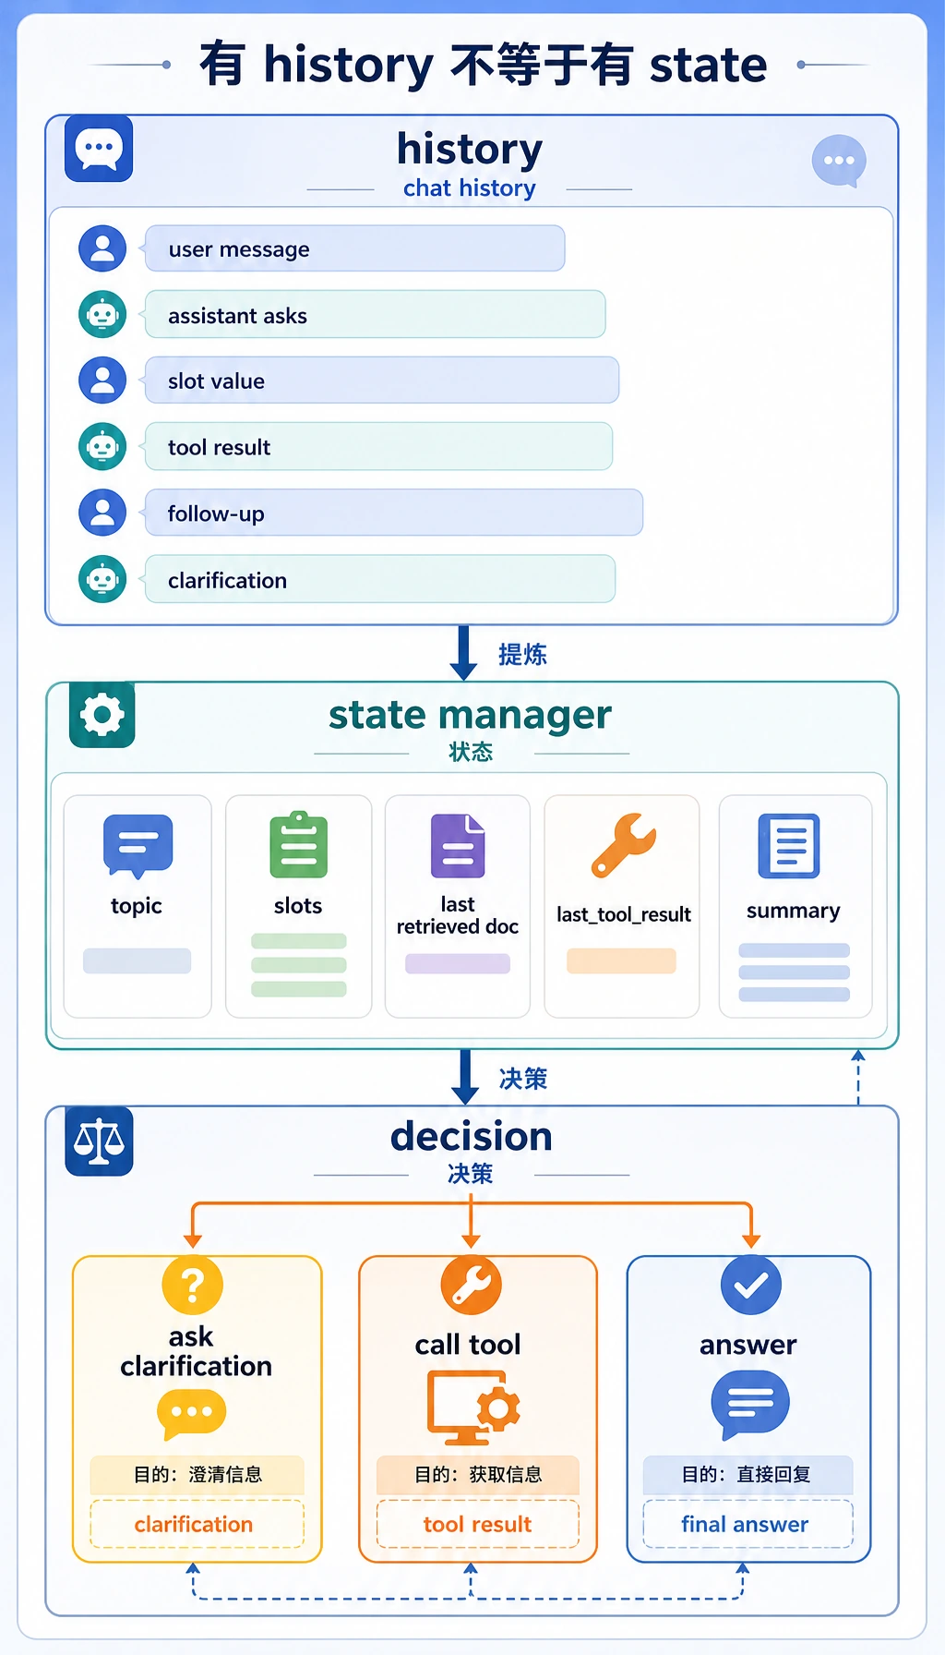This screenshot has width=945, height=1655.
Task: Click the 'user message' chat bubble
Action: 354,248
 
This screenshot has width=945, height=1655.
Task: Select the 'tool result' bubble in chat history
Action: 378,447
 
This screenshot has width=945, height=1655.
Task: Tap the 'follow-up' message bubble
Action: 393,513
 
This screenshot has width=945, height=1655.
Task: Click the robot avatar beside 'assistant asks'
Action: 102,315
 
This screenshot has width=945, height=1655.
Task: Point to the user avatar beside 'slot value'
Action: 102,381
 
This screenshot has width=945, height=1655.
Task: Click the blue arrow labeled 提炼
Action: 463,653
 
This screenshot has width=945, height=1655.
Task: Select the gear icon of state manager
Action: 102,715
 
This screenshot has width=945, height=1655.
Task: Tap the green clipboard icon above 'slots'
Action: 298,844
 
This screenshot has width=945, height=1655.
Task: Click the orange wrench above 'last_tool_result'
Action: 624,844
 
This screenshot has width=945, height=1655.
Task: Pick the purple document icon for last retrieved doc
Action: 458,845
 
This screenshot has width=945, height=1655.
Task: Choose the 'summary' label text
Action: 794,912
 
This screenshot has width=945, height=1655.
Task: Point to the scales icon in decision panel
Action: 99,1142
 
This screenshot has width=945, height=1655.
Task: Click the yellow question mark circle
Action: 192,1285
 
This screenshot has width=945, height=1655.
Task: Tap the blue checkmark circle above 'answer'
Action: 751,1285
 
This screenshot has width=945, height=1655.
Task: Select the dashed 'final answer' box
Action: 748,1524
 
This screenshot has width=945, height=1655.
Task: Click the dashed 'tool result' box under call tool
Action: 477,1524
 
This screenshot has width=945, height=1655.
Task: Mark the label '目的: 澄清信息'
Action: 197,1474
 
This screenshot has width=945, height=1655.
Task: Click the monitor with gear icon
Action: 473,1407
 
